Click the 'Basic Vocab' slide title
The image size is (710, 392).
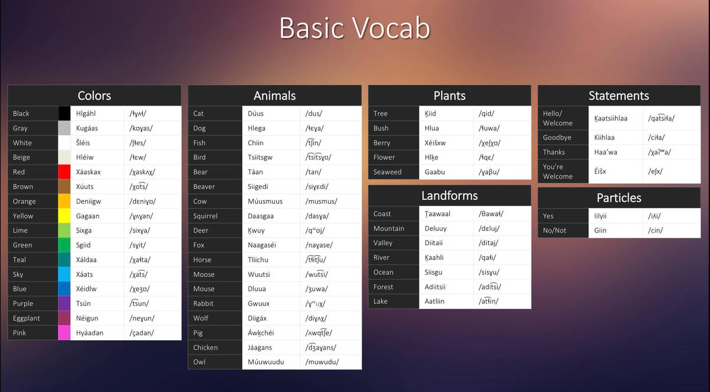355,28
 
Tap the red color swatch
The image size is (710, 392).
64,172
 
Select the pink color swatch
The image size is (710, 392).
64,333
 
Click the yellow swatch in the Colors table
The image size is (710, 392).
64,215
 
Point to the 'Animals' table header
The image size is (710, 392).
274,96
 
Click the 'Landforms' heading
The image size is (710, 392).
450,195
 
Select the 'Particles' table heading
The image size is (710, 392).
619,198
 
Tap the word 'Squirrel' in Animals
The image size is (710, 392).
205,216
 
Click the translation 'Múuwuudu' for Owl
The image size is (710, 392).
266,362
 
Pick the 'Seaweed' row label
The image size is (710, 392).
387,172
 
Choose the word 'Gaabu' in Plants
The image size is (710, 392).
434,172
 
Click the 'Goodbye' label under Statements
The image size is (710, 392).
557,138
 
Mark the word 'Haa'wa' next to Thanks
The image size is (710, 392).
606,152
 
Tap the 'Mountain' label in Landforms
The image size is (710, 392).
388,228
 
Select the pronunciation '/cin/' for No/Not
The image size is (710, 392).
655,231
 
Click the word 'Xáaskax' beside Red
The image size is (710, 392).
88,172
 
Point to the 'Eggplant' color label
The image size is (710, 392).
27,318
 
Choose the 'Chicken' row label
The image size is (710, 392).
205,348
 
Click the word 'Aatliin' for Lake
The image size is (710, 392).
434,301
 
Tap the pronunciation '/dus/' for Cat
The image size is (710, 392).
313,113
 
